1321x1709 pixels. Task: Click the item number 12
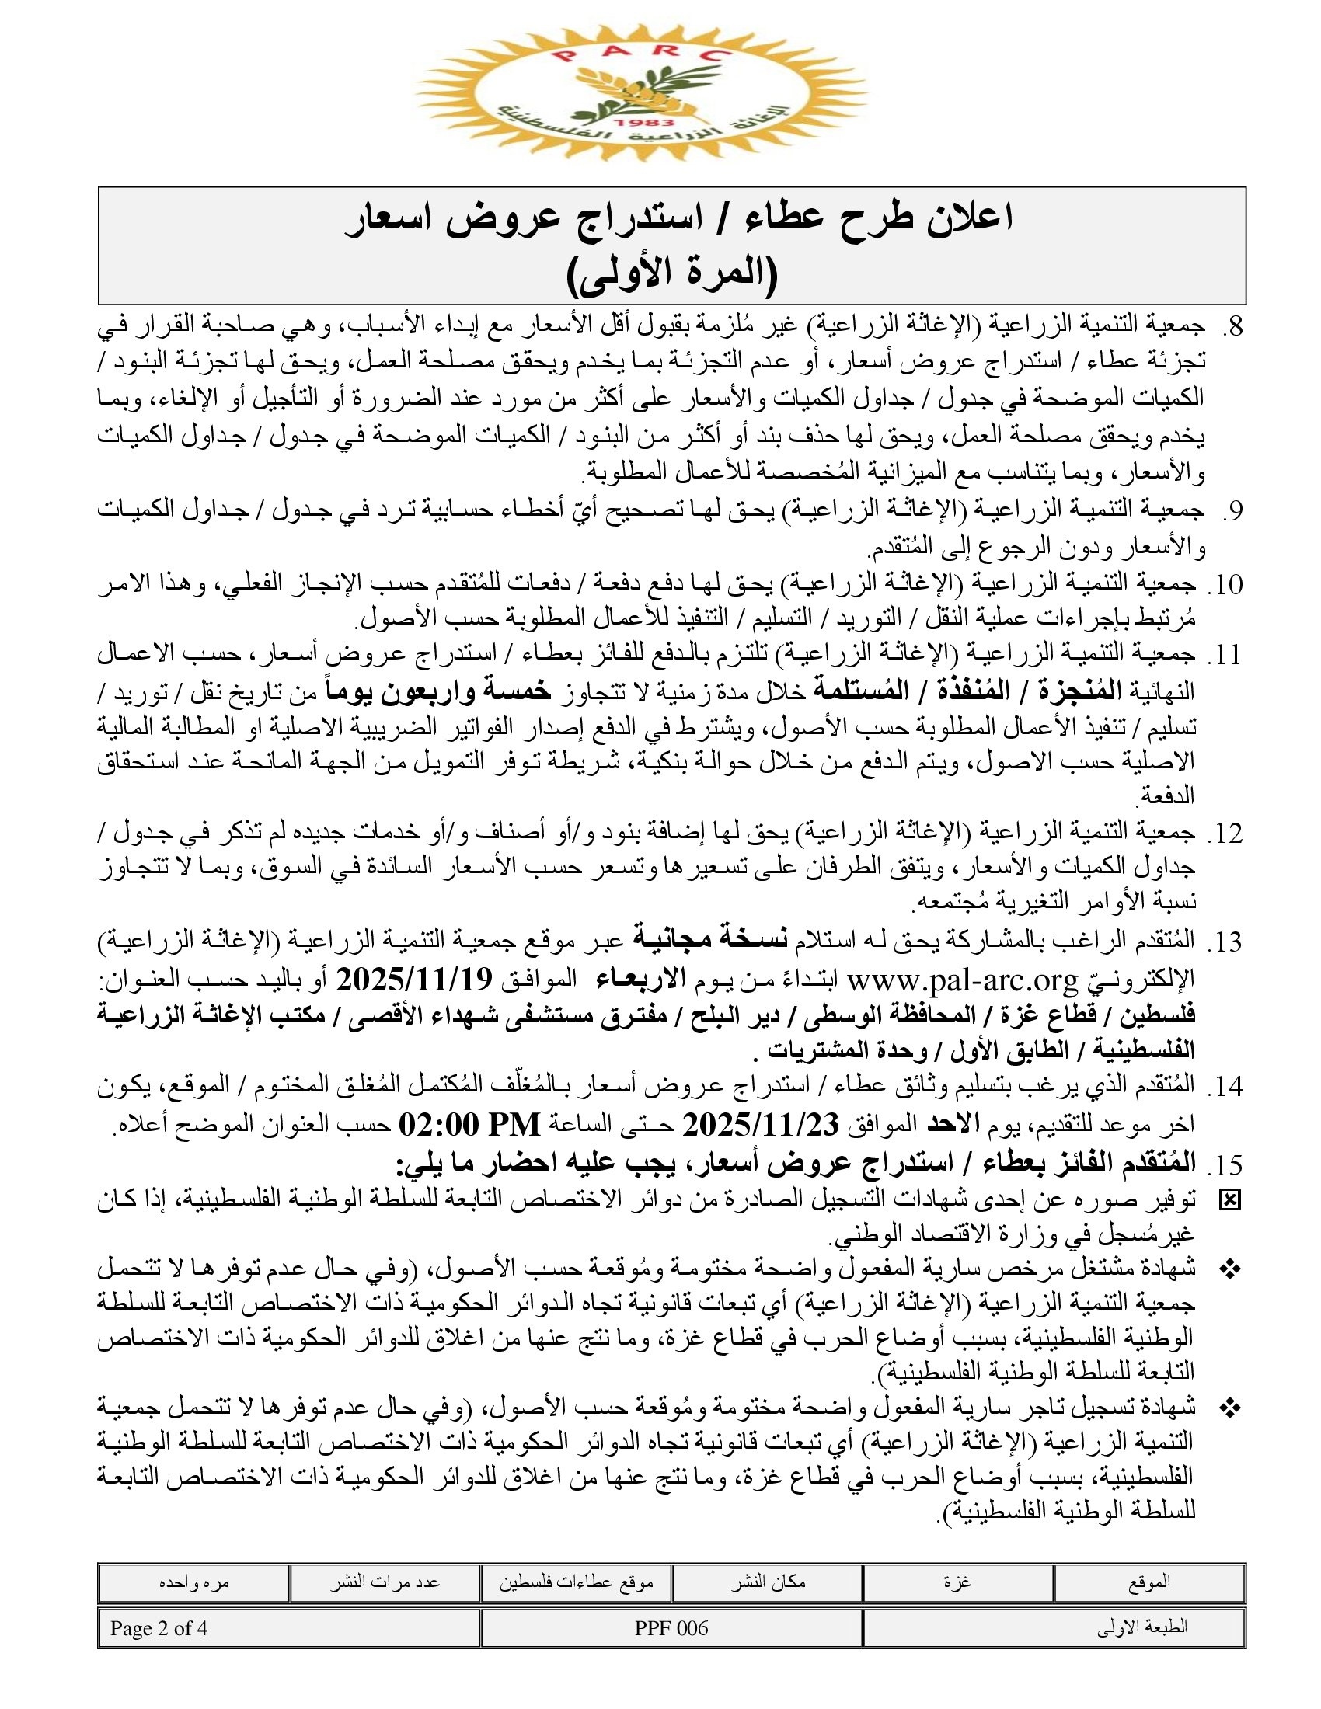(1226, 834)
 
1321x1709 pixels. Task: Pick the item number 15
(1226, 1165)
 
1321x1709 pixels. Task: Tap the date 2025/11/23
(761, 1126)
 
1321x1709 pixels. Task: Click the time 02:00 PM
(469, 1126)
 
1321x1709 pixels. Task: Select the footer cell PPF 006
(671, 1628)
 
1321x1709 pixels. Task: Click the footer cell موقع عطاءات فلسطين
(576, 1582)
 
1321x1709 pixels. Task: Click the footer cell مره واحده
(194, 1582)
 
